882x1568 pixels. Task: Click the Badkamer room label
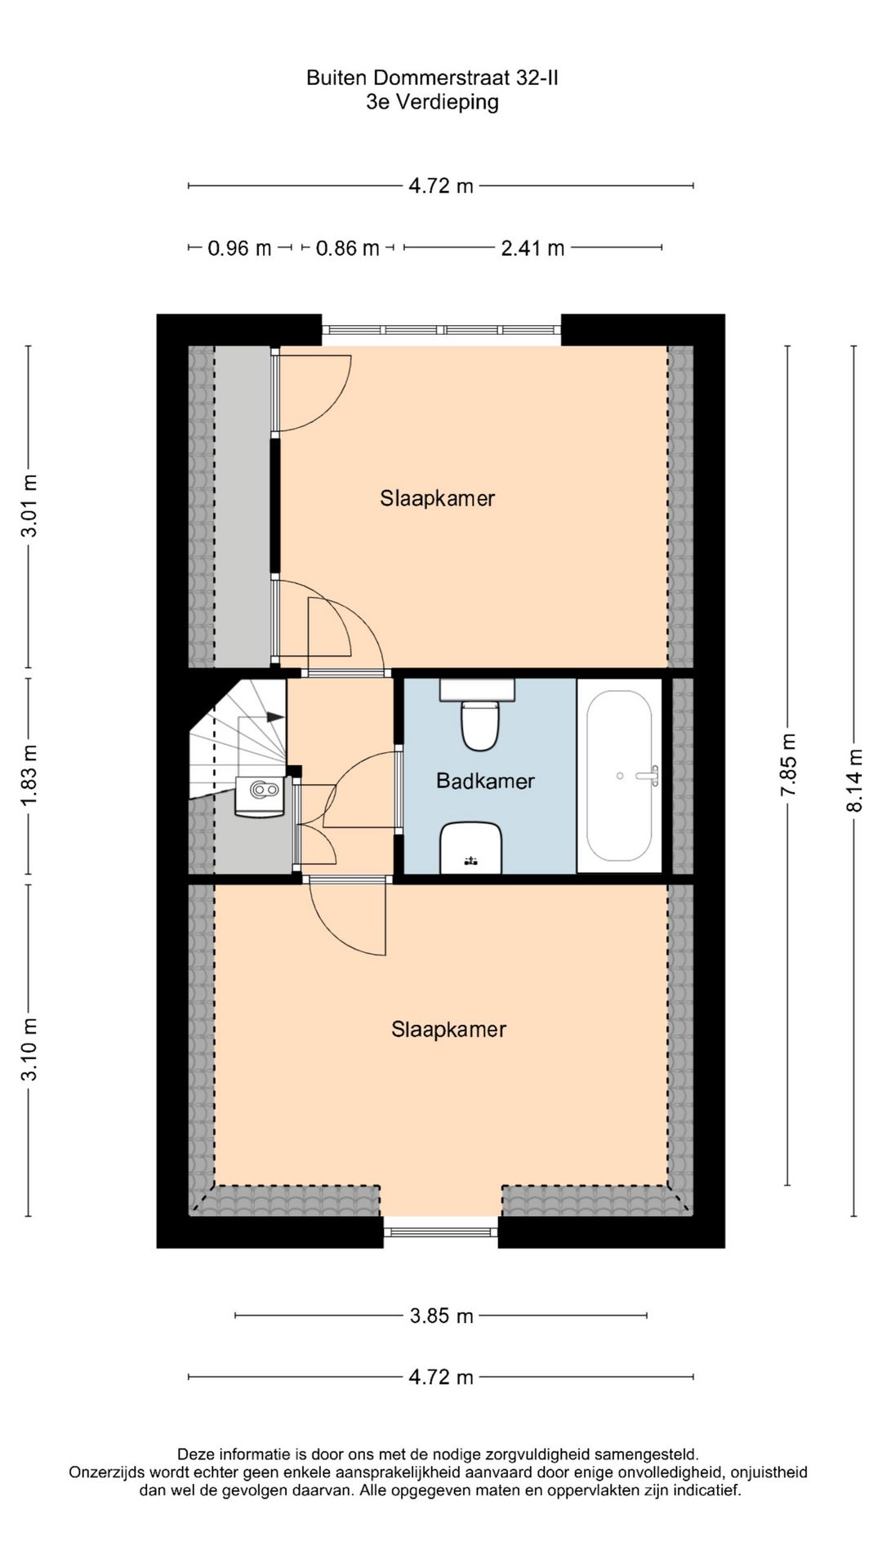click(485, 781)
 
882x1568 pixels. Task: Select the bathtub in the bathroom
click(619, 776)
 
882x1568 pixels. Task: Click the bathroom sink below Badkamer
click(471, 848)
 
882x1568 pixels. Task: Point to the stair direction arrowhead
click(276, 717)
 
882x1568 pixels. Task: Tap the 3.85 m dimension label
click(441, 1316)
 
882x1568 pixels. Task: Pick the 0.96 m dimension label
click(239, 247)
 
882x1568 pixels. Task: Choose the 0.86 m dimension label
click(348, 247)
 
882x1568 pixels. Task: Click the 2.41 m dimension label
click(532, 247)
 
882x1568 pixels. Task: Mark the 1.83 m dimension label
click(29, 774)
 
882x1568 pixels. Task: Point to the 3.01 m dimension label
click(29, 506)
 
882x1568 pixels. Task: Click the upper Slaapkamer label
click(437, 498)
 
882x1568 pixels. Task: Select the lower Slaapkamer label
click(448, 1029)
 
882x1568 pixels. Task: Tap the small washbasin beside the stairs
click(259, 796)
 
